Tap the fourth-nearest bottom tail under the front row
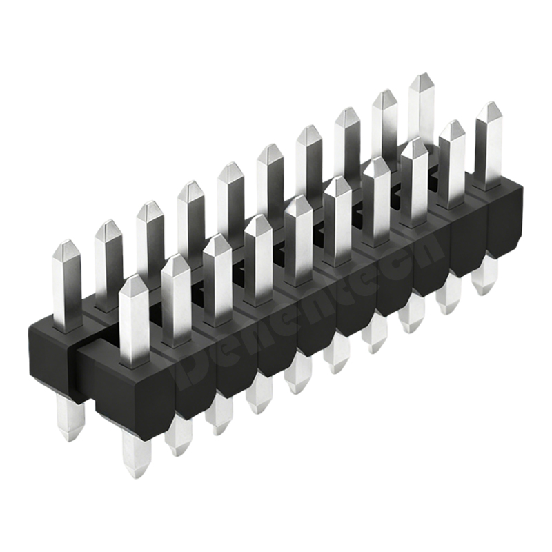coord(259,402)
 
